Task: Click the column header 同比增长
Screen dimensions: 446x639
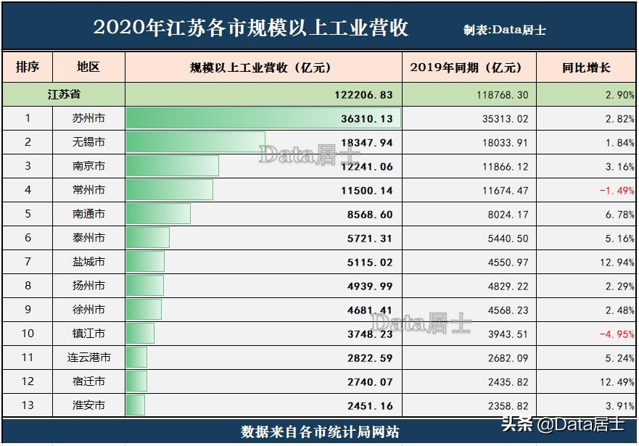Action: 586,68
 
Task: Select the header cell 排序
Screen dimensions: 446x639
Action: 28,67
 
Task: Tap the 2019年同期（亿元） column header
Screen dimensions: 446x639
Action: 469,68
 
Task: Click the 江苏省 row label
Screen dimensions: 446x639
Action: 64,94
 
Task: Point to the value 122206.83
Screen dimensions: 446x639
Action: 360,95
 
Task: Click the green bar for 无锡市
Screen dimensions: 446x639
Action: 195,142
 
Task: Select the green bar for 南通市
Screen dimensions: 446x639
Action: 158,214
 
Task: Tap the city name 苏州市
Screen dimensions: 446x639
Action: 88,118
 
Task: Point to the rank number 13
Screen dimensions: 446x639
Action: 28,405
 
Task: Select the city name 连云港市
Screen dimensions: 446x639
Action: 88,358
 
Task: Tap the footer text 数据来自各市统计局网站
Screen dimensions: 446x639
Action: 319,432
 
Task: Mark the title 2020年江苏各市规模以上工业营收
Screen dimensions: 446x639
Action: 251,28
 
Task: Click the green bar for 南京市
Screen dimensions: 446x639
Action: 172,166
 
